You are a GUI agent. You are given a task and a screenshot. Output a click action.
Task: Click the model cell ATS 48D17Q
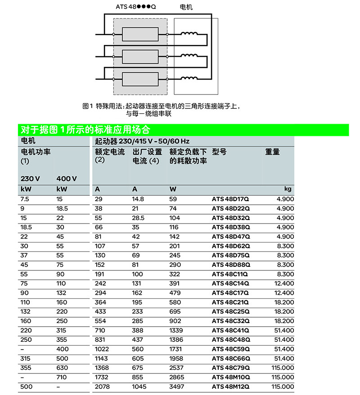pyautogui.click(x=230, y=199)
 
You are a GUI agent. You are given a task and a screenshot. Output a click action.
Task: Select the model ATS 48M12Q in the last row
pyautogui.click(x=231, y=387)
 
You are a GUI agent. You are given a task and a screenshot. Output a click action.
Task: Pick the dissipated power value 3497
pyautogui.click(x=177, y=387)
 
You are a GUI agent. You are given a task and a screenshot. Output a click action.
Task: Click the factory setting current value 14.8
pyautogui.click(x=138, y=199)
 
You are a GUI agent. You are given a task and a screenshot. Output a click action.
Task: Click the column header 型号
pyautogui.click(x=219, y=152)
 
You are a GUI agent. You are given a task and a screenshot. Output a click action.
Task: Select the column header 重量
pyautogui.click(x=273, y=152)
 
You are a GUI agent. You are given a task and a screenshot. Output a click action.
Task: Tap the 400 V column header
pyautogui.click(x=67, y=179)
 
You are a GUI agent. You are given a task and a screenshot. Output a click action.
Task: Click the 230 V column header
pyautogui.click(x=30, y=179)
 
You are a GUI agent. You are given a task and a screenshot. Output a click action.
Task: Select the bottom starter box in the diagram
pyautogui.click(x=140, y=79)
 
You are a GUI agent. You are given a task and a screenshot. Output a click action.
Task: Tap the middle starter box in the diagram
pyautogui.click(x=140, y=57)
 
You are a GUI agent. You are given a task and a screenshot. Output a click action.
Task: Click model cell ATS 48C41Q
pyautogui.click(x=230, y=330)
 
